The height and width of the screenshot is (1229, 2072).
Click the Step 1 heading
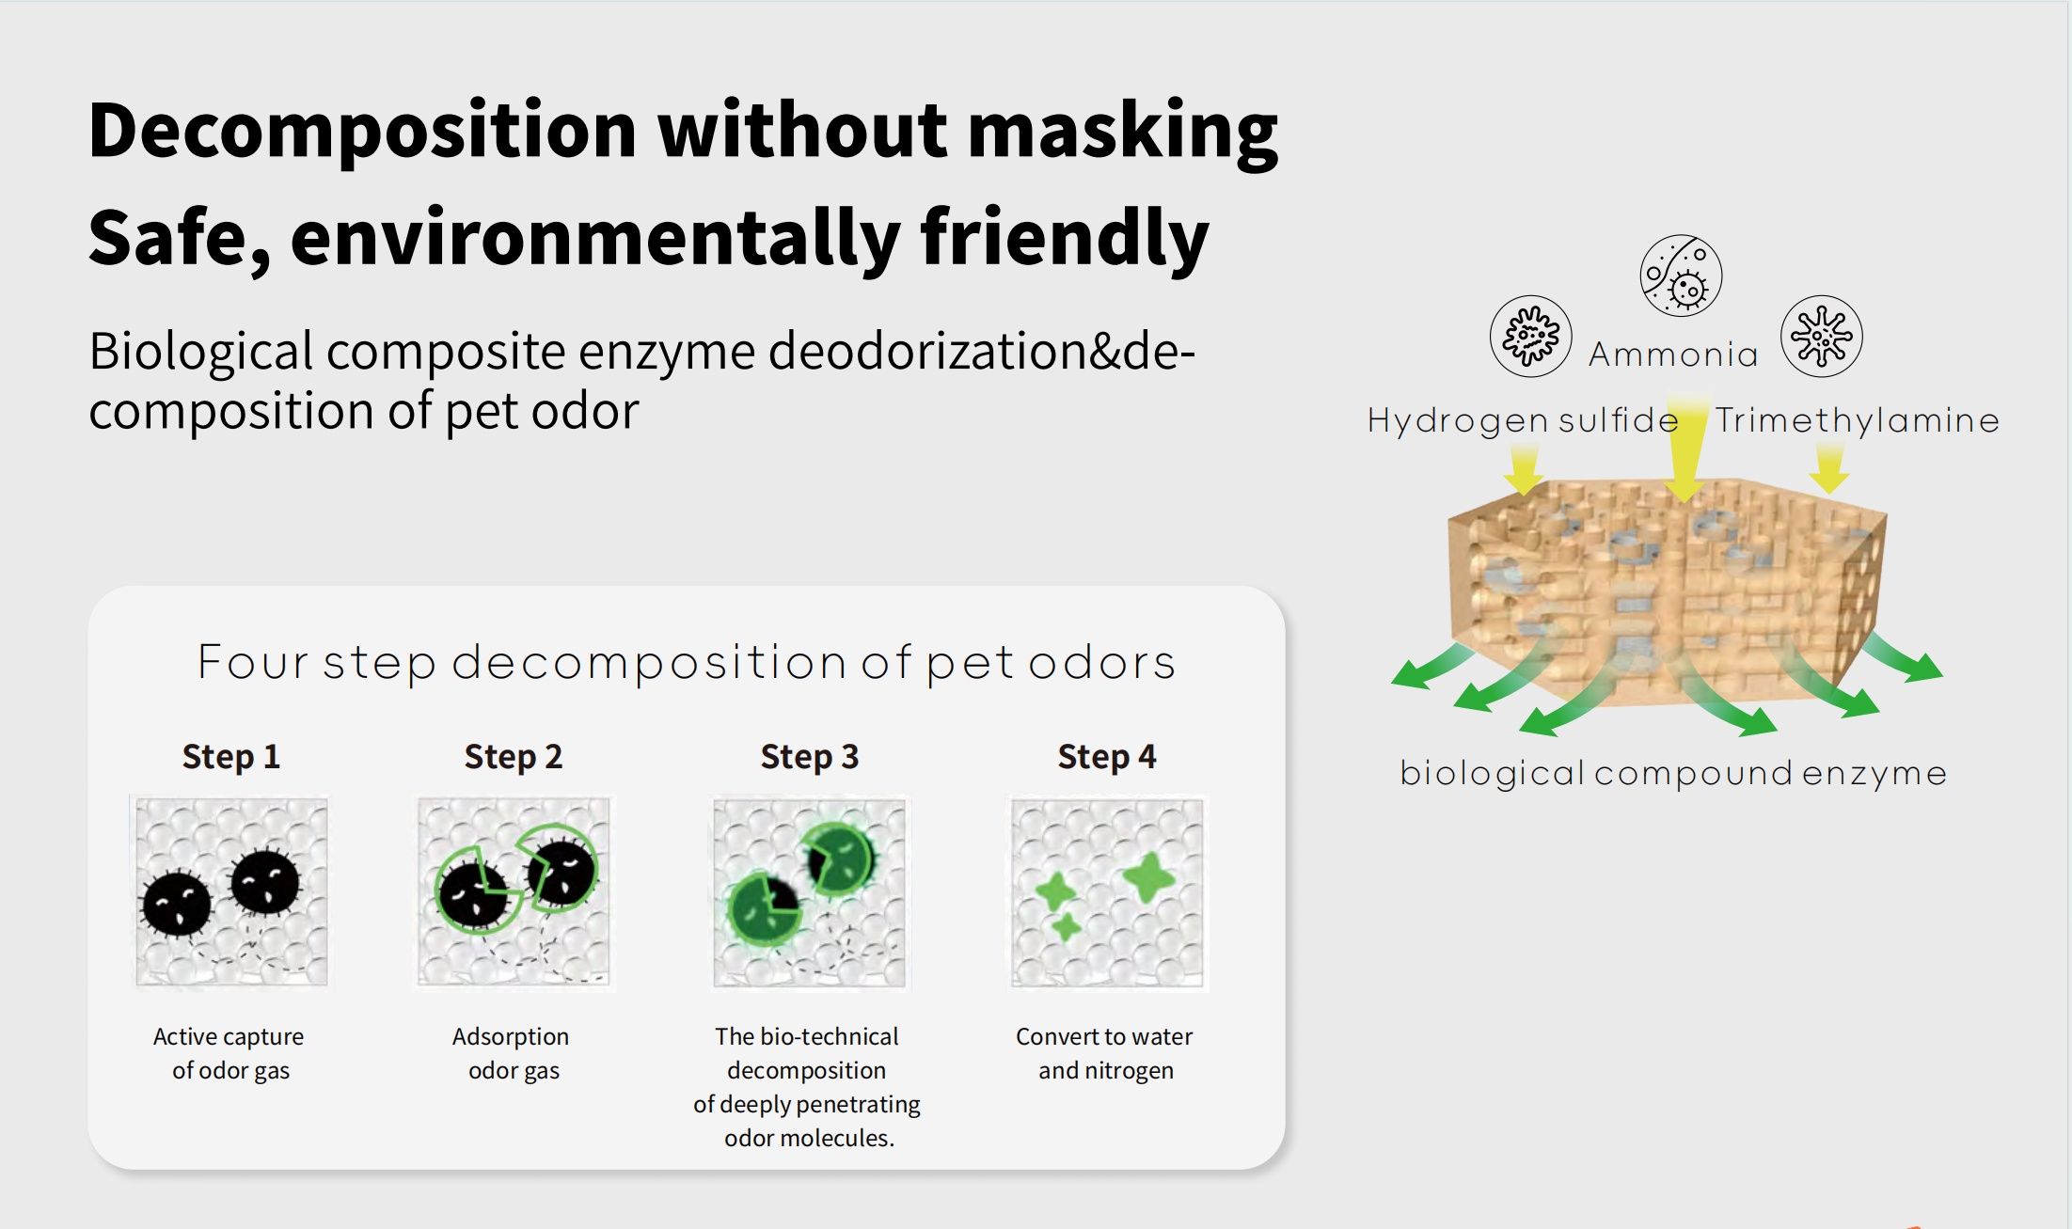click(231, 757)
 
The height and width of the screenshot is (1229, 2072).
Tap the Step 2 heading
click(514, 757)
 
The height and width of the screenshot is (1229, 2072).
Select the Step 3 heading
click(810, 757)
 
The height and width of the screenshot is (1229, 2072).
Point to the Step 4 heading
click(1107, 757)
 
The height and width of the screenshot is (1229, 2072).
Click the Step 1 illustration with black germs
click(231, 891)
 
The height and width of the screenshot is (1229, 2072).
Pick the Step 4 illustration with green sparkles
click(1107, 891)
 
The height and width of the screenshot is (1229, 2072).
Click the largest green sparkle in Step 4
click(1148, 876)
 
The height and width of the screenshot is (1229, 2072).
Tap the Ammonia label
click(1673, 355)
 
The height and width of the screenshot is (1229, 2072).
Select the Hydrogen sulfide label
click(1523, 420)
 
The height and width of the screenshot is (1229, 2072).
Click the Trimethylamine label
click(1858, 420)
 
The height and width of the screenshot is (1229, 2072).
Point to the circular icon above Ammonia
click(1681, 276)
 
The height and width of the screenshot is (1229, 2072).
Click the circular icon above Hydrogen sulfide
click(1531, 336)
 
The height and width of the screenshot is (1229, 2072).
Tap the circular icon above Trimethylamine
click(1822, 336)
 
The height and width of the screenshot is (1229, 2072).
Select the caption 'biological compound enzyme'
click(1673, 774)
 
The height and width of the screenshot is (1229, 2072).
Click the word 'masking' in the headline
click(1123, 132)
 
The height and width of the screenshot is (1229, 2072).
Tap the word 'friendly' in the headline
click(1065, 239)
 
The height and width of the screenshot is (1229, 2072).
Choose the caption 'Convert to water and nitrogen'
click(1105, 1053)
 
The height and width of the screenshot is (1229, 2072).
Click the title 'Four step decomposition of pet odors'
click(687, 663)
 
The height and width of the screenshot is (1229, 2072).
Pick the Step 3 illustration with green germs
click(810, 891)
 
